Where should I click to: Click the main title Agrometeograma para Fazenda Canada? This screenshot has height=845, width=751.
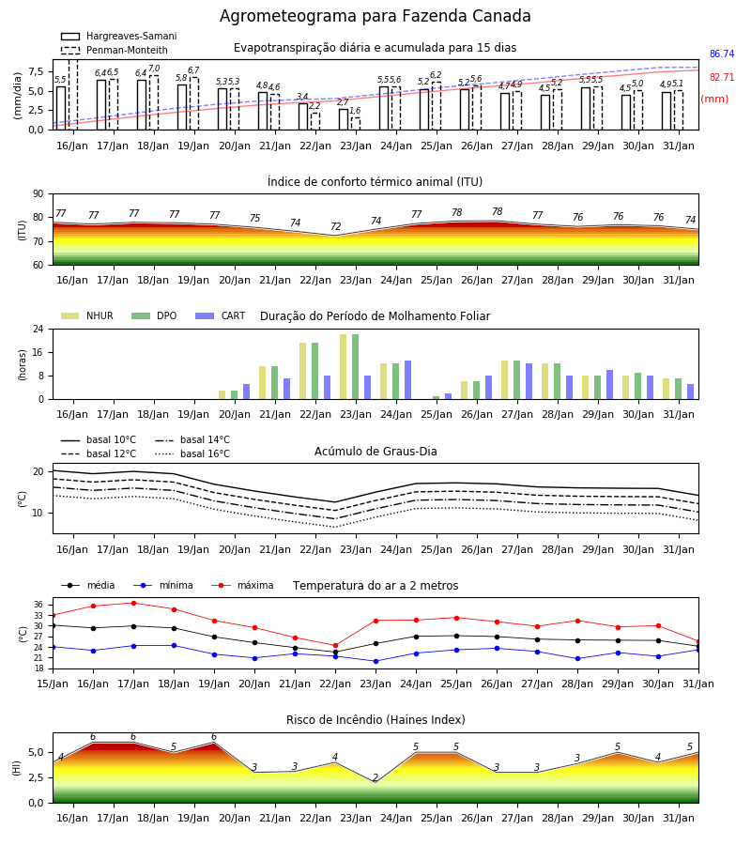(x=375, y=16)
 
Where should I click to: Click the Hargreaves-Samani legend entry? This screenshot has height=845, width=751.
(x=118, y=36)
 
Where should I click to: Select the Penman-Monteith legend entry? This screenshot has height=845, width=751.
(x=115, y=50)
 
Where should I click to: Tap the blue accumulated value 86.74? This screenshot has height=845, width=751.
(x=722, y=54)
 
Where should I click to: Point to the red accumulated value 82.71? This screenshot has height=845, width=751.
(x=722, y=77)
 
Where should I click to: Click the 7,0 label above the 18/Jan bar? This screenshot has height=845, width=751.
(x=154, y=69)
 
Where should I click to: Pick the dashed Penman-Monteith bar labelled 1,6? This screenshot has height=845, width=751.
(x=356, y=123)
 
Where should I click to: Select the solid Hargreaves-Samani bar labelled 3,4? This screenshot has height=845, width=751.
(x=303, y=116)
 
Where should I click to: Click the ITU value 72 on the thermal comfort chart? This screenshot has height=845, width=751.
(x=336, y=226)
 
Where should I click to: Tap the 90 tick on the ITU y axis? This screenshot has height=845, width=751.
(x=38, y=194)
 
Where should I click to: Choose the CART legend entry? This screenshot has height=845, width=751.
(x=221, y=315)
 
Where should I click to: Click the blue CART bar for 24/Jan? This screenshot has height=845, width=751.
(x=407, y=380)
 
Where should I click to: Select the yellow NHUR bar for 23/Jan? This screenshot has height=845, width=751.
(x=344, y=367)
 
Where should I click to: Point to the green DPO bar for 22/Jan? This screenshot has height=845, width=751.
(x=315, y=371)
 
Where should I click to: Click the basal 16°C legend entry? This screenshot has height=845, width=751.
(x=192, y=453)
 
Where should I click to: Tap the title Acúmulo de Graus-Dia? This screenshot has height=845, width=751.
(x=375, y=451)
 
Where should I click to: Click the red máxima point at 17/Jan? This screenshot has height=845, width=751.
(x=133, y=603)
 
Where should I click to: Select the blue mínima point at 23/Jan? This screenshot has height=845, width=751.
(x=376, y=661)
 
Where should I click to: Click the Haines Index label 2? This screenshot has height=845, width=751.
(x=375, y=777)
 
